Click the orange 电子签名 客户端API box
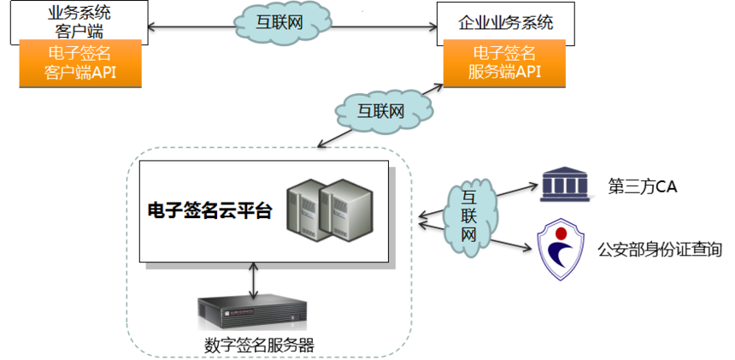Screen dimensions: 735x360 pyautogui.click(x=80, y=63)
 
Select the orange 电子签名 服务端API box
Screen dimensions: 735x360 pyautogui.click(x=504, y=63)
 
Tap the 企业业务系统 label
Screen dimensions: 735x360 pyautogui.click(x=506, y=22)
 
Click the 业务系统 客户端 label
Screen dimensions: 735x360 pyautogui.click(x=79, y=21)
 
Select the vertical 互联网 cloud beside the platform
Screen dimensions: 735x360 pyautogui.click(x=470, y=217)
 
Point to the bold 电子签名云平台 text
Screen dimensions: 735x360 pyautogui.click(x=209, y=211)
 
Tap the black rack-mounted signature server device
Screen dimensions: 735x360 pyautogui.click(x=252, y=310)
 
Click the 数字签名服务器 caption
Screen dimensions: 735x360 pyautogui.click(x=259, y=345)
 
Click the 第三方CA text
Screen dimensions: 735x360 pyautogui.click(x=642, y=187)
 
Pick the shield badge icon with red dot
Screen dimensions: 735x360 pyautogui.click(x=560, y=251)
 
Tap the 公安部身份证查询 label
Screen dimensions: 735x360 pyautogui.click(x=660, y=249)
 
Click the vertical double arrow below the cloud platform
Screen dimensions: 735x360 pyautogui.click(x=254, y=280)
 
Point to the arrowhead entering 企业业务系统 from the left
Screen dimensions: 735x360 pyautogui.click(x=432, y=27)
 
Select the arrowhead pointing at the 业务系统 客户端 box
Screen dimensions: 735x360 pyautogui.click(x=152, y=27)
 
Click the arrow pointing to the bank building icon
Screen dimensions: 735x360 pyautogui.click(x=515, y=190)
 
